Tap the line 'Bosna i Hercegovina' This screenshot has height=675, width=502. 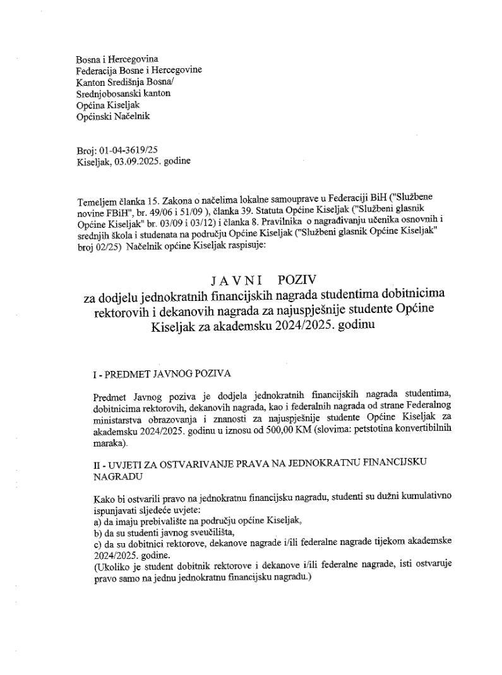click(117, 60)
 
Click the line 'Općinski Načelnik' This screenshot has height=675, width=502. click(113, 116)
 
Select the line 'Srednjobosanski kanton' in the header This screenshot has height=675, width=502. click(123, 93)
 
